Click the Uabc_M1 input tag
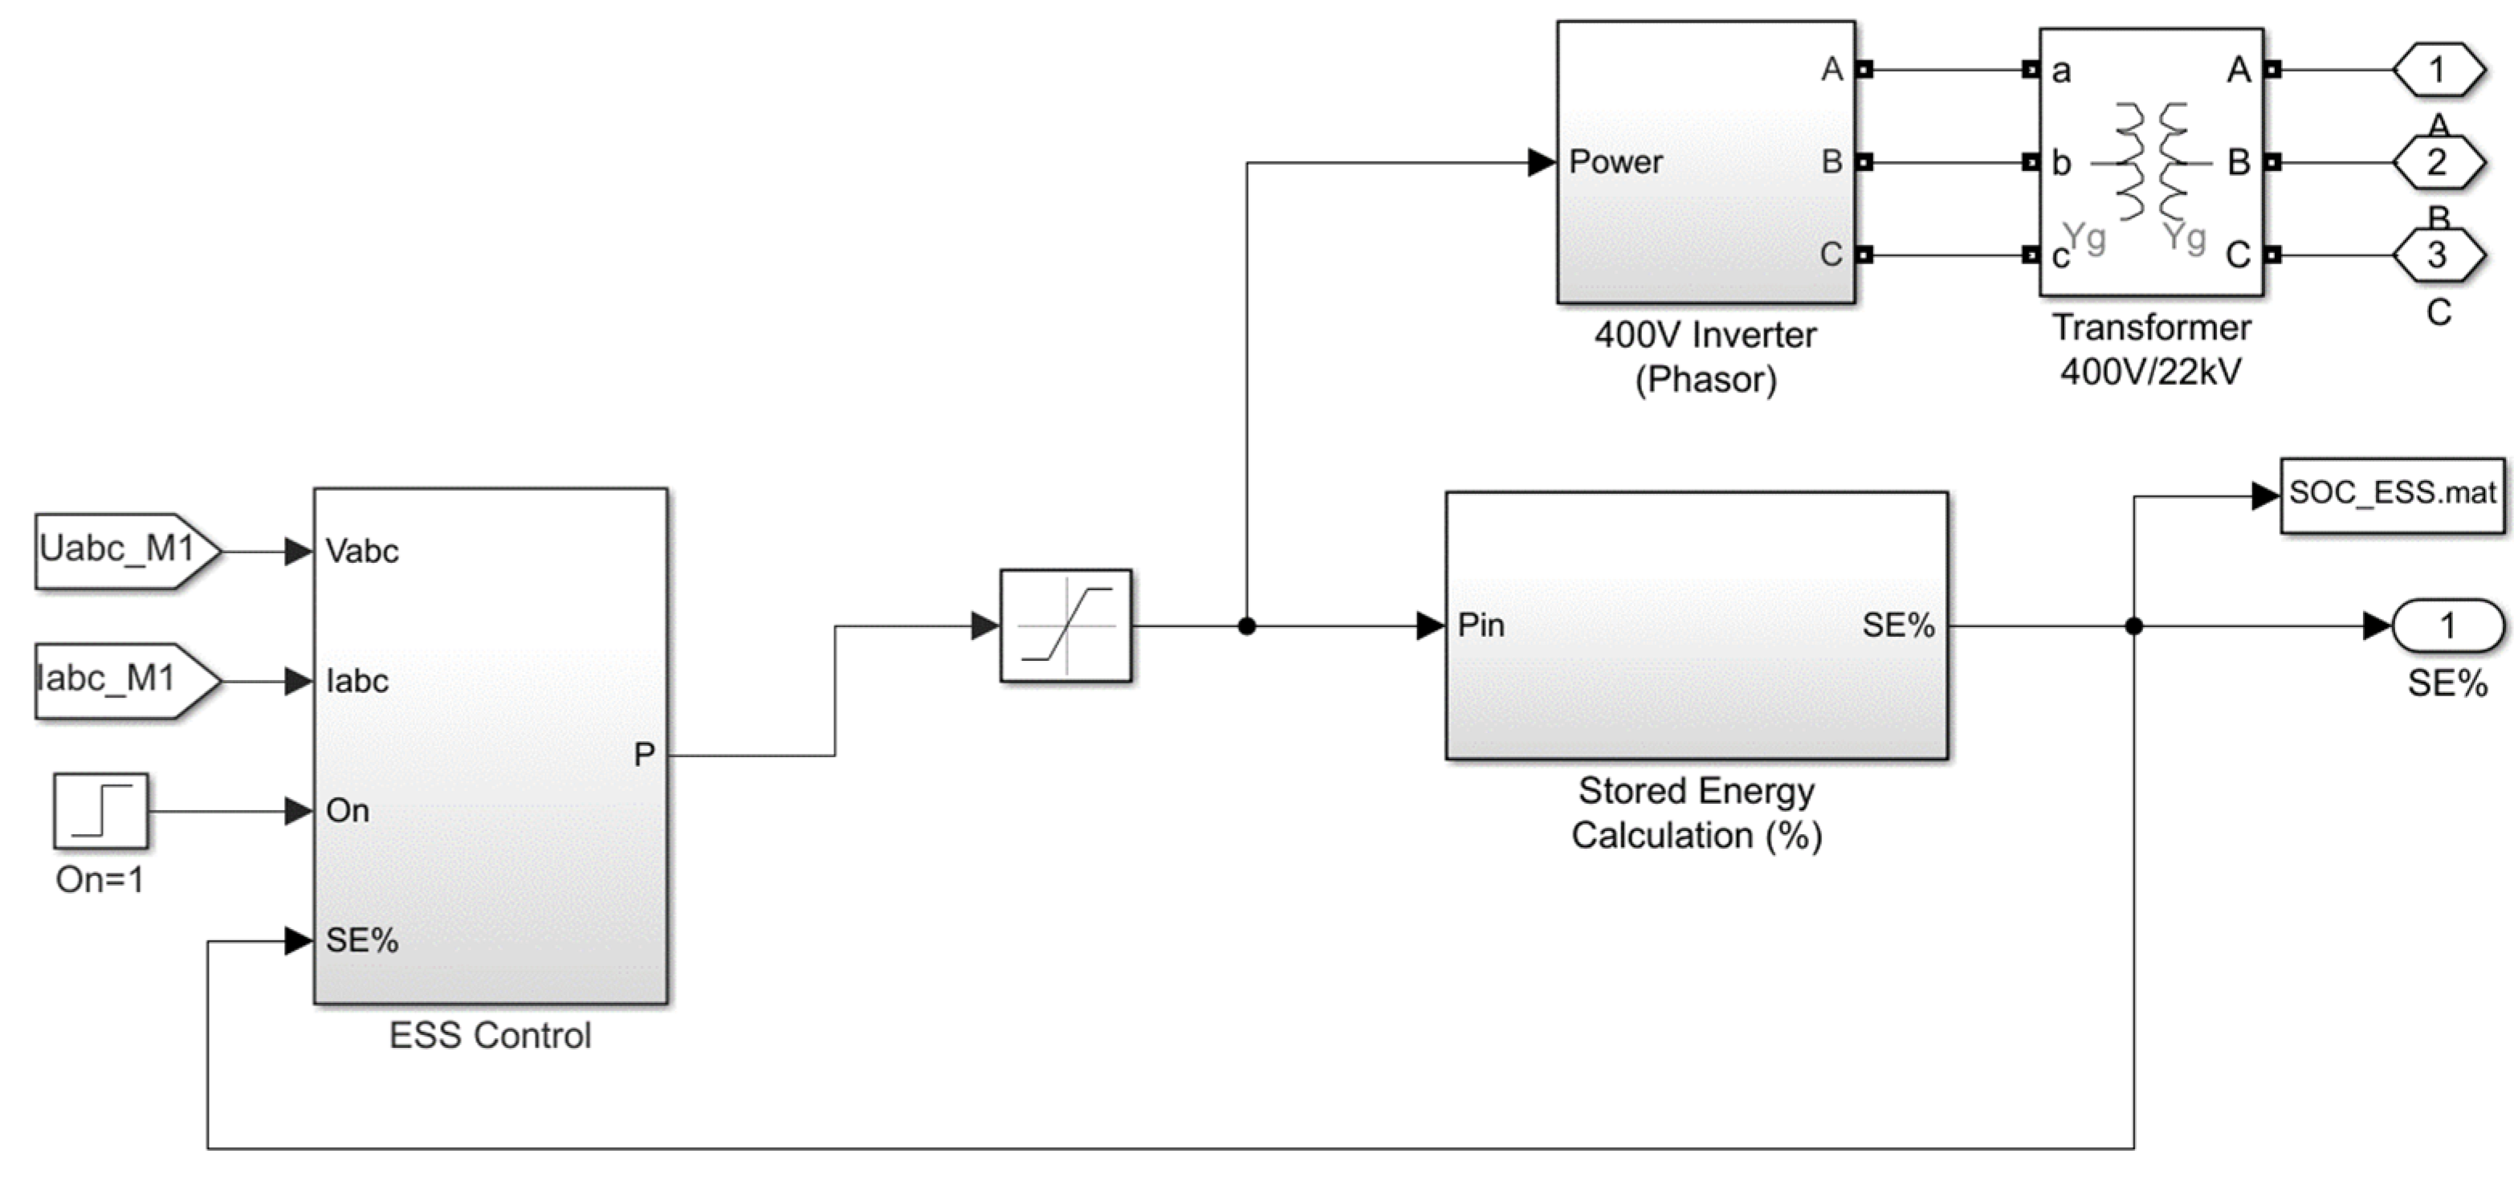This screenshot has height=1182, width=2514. pos(128,551)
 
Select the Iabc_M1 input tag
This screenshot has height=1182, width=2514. pos(128,680)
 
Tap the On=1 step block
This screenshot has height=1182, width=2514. pos(100,811)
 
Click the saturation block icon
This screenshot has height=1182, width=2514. pos(1065,625)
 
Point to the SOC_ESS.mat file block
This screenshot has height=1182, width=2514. pos(2392,495)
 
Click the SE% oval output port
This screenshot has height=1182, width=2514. pos(2447,626)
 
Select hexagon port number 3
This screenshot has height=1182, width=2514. pos(2438,255)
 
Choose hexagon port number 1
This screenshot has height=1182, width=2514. pos(2438,69)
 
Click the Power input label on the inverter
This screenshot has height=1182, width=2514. pos(1616,162)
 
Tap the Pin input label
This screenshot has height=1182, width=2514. pos(1481,626)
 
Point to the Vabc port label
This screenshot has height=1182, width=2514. pos(362,552)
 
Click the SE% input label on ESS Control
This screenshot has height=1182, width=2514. pos(362,940)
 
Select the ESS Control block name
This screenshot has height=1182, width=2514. pos(490,1036)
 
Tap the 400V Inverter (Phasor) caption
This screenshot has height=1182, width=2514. pos(1705,357)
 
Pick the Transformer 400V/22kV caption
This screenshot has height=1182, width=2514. pos(2151,349)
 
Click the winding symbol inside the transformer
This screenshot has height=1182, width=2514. pos(2151,161)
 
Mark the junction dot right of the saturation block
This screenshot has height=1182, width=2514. pos(1246,626)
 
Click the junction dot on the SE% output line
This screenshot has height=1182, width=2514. pos(2133,626)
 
